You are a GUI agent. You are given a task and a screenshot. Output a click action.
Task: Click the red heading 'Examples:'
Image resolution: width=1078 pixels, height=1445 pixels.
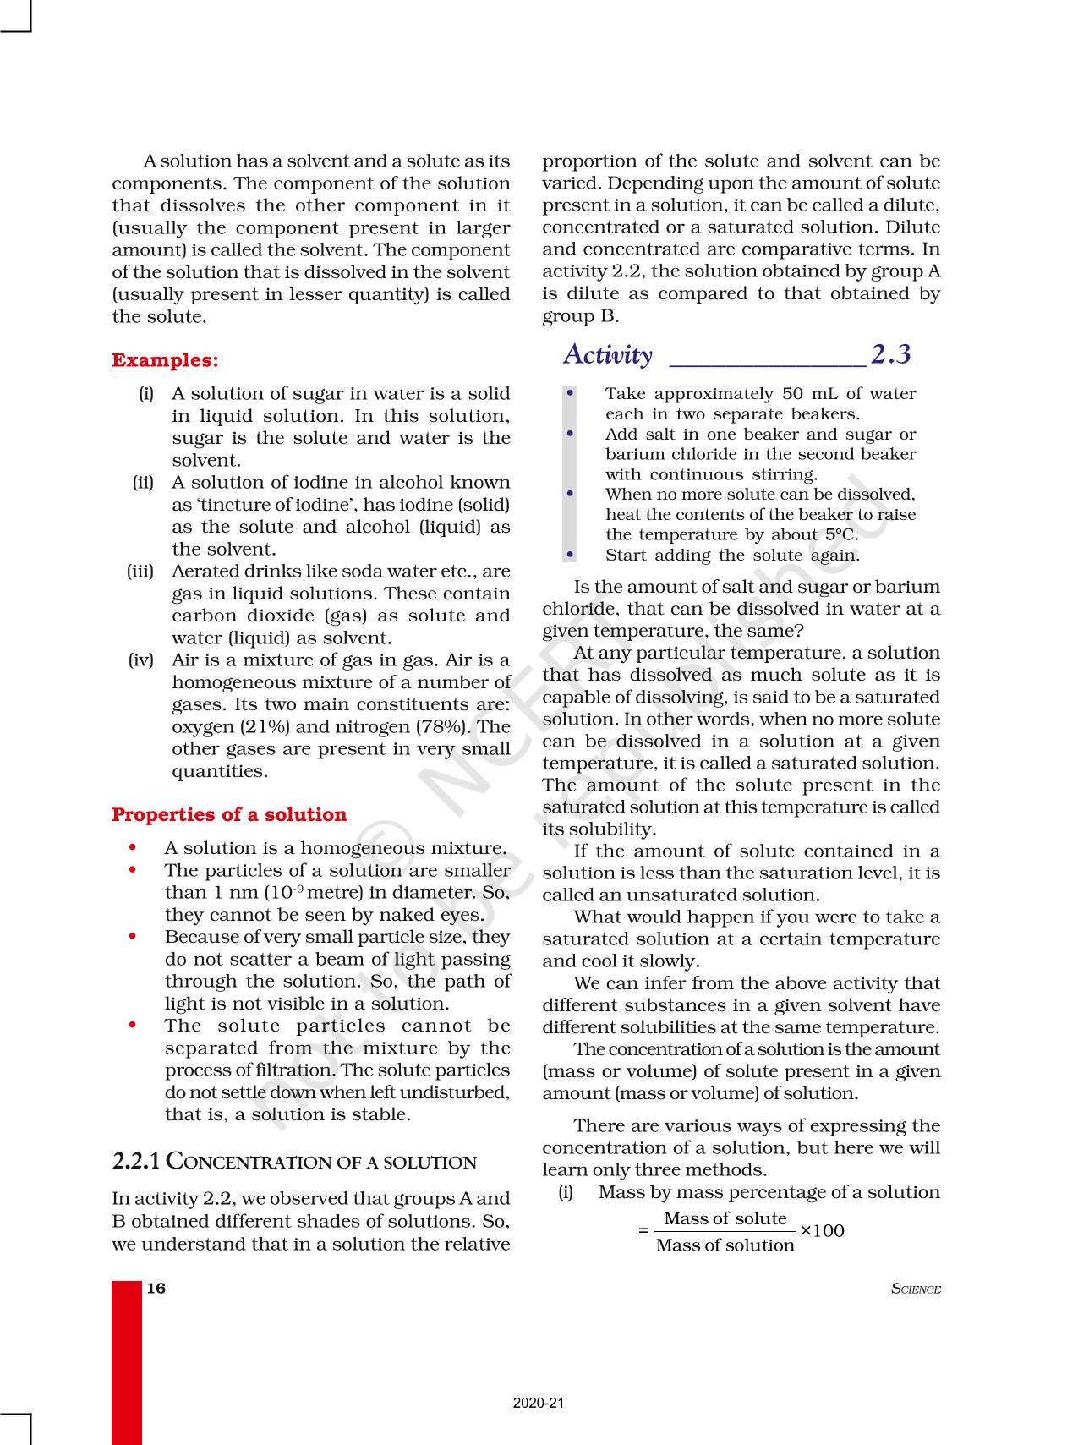tap(165, 360)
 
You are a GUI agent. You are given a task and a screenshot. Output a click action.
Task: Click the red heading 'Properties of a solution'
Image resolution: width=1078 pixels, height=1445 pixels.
tap(229, 814)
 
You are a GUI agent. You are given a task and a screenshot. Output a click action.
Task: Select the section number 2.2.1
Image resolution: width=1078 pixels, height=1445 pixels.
tap(136, 1161)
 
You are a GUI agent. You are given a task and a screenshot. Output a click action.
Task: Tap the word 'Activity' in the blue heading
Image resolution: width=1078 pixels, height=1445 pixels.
tap(608, 354)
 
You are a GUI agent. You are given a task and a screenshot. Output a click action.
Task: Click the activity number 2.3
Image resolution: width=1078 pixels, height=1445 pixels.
tap(891, 354)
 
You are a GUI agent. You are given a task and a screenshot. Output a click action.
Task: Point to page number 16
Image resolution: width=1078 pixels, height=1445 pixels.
tap(156, 1288)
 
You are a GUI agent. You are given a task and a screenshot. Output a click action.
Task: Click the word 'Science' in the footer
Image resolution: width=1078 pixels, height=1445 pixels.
tap(917, 1289)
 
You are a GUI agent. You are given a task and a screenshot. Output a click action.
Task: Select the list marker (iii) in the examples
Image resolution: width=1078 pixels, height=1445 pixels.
tap(140, 572)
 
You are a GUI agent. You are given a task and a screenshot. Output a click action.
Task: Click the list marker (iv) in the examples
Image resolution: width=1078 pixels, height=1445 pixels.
tap(141, 660)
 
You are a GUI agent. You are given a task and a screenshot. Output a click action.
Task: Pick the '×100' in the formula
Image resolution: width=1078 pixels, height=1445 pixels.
tap(822, 1230)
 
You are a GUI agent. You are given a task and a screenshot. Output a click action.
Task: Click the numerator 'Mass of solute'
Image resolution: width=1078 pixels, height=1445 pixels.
tap(725, 1218)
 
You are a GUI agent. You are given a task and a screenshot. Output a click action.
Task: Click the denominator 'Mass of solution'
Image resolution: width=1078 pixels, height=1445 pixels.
tap(725, 1245)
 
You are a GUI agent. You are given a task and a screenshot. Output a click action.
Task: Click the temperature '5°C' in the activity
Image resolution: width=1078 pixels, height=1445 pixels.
tap(840, 534)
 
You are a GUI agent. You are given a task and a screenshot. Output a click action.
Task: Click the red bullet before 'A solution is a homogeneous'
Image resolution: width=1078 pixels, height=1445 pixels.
tap(132, 847)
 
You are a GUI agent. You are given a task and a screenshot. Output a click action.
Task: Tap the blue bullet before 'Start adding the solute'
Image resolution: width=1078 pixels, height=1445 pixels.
tap(571, 555)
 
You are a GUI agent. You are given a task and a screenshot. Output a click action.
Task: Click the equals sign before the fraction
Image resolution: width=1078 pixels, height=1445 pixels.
tap(643, 1231)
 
